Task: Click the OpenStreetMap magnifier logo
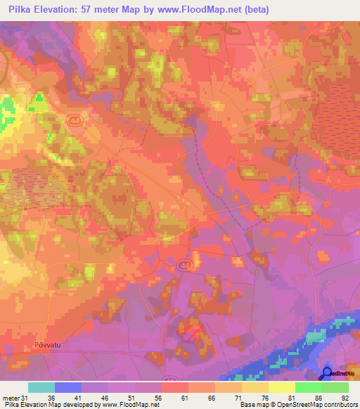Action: [327, 374]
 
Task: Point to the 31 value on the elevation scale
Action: [25, 398]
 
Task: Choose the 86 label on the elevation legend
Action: [319, 398]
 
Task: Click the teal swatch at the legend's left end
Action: [41, 387]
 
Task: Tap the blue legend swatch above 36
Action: [68, 387]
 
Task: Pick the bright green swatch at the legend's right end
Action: [335, 387]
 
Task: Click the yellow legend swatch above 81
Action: [282, 387]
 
